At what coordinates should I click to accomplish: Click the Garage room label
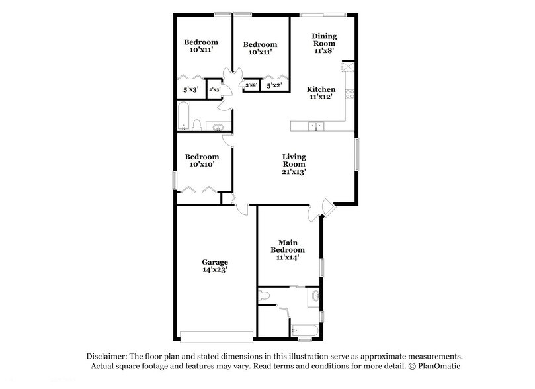coord(215,262)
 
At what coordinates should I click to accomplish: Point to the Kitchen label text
coord(321,89)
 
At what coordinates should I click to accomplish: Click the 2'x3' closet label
coord(214,89)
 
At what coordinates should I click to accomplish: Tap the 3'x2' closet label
coord(251,85)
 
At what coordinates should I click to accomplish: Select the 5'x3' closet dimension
coord(190,89)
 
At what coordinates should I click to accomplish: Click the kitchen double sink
coord(315,124)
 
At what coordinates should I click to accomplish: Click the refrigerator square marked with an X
coord(347,67)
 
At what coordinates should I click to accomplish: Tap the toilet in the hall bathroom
coord(196,124)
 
